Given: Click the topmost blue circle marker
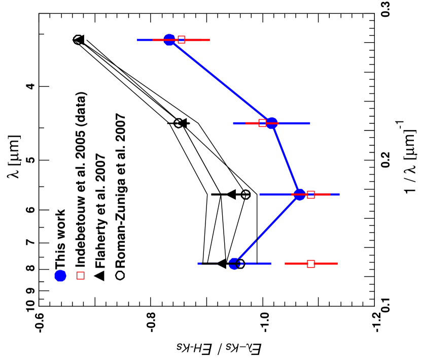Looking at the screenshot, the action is pos(169,40).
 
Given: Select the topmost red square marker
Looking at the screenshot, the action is pos(181,40).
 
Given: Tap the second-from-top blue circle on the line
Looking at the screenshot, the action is pos(272,123).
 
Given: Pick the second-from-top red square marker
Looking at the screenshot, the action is pos(262,123).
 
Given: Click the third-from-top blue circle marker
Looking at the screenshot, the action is pos(300,194).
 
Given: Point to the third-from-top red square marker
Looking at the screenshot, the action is pos(311,194).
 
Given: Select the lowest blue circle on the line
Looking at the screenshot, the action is pos(234,264).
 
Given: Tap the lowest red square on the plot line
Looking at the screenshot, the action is pos(311,264).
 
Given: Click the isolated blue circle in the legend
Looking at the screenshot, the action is pos(60,276).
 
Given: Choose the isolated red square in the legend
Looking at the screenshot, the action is pos(81,275).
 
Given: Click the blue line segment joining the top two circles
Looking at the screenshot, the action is pos(221,81).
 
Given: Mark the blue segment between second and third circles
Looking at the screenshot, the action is pos(286,159).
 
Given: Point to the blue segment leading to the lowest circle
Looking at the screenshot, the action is pos(267,229).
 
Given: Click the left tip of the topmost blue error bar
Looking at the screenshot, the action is pos(137,40).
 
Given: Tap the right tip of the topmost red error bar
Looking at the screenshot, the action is pos(209,40).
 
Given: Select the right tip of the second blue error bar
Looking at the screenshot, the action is pos(310,123).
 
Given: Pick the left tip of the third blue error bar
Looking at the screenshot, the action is pos(260,194).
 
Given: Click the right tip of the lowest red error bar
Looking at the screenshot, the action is pos(337,264).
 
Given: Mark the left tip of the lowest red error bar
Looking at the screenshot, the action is pos(285,264).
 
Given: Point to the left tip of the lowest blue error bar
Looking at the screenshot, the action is pos(198,264).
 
